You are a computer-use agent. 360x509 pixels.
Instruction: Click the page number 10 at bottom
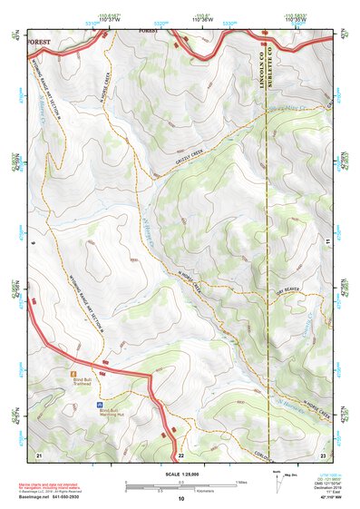[180, 499]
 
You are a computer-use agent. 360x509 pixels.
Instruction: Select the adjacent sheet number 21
[38, 455]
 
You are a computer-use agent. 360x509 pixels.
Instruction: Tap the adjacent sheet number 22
[180, 455]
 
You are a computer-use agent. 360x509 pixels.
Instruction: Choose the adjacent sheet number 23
[323, 455]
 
